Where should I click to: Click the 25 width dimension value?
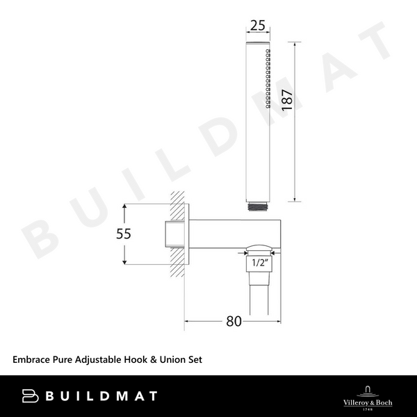[x=258, y=26]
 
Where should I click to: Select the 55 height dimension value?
[x=123, y=234]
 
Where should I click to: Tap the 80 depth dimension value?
[x=233, y=321]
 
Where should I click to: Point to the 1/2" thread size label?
[x=259, y=263]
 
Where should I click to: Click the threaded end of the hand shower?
[x=259, y=206]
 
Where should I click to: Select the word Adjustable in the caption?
[x=100, y=359]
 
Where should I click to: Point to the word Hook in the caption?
[x=140, y=359]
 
